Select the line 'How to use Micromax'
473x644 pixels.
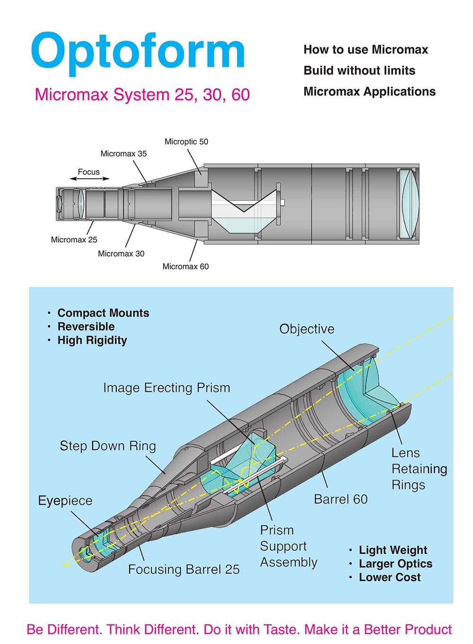(x=366, y=50)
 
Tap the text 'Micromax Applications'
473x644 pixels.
(x=369, y=91)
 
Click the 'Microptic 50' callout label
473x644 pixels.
(x=186, y=141)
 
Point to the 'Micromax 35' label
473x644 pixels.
(x=123, y=154)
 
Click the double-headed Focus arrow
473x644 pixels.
(x=89, y=179)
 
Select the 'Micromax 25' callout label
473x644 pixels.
(x=74, y=240)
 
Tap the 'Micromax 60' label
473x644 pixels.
(x=185, y=266)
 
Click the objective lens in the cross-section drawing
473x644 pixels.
(x=409, y=204)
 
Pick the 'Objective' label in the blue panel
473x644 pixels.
(x=307, y=329)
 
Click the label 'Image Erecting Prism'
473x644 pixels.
(x=166, y=388)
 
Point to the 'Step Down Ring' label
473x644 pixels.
(x=107, y=446)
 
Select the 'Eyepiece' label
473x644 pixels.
(x=65, y=500)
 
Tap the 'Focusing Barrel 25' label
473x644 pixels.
(x=184, y=569)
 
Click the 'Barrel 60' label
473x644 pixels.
(x=341, y=499)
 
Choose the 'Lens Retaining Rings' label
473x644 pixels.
(x=419, y=469)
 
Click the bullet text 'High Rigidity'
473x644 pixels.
(x=92, y=340)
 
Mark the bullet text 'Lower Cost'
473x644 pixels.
(x=389, y=577)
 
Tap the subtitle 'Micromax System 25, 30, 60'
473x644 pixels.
(x=142, y=94)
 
